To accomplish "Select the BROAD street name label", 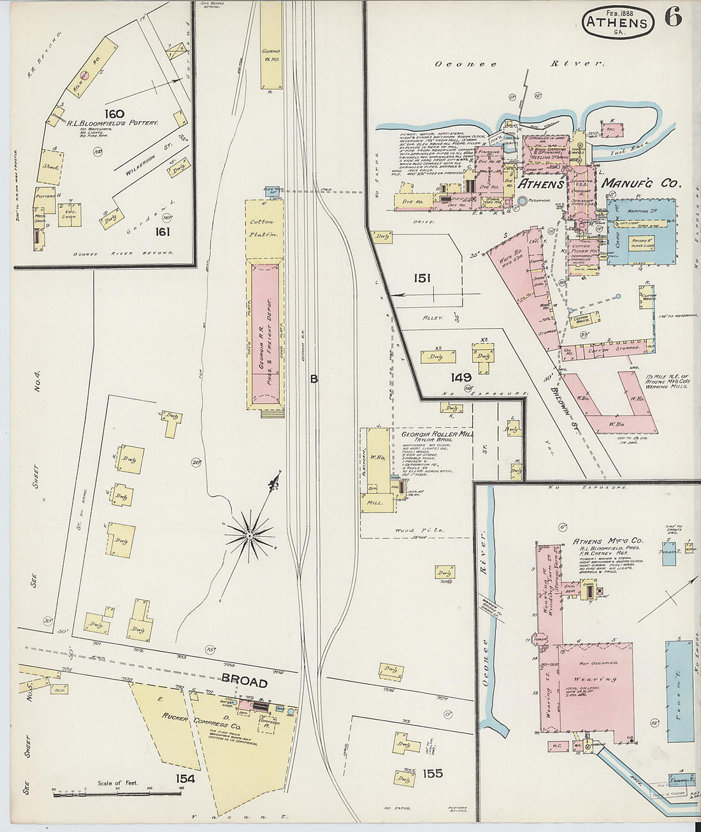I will click(243, 682).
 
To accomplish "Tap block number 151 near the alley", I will click(421, 278).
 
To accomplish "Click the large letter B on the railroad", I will click(314, 379).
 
